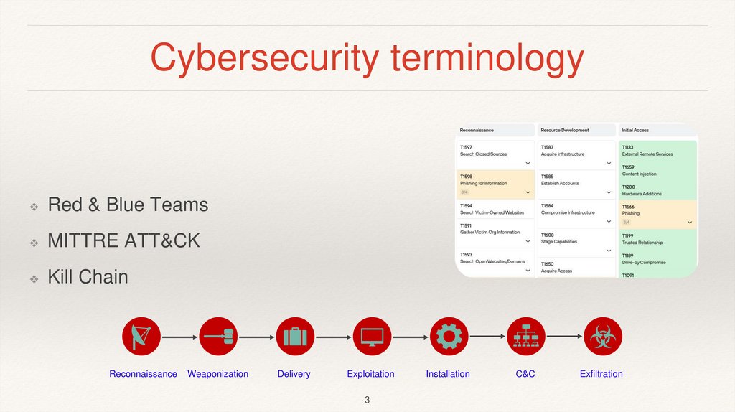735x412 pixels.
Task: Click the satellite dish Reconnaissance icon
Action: (141, 336)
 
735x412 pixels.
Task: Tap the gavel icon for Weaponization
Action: (218, 336)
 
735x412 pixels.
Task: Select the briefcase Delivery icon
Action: (295, 336)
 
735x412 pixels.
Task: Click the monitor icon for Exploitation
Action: (372, 336)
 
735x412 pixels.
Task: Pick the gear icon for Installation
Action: (449, 336)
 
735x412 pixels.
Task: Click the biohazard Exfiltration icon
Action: (602, 336)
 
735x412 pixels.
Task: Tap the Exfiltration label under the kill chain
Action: (601, 374)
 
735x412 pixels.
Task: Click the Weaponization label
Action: (217, 374)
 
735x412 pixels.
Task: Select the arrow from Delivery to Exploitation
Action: (333, 336)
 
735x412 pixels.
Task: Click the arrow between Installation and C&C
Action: (487, 336)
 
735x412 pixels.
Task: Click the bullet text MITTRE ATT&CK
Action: (123, 240)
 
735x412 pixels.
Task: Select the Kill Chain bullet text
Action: (88, 276)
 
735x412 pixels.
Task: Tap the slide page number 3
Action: (367, 399)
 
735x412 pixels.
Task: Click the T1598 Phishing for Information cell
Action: (495, 183)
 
